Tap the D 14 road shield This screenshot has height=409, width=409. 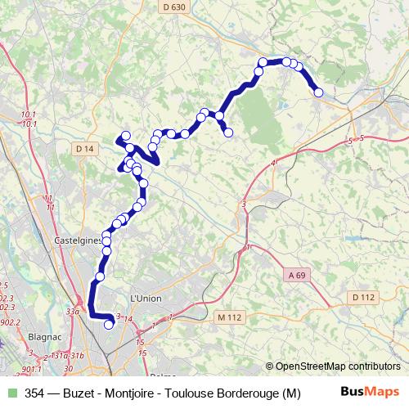(x=84, y=149)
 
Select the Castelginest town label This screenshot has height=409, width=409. (x=78, y=240)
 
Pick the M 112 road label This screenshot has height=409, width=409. (x=231, y=317)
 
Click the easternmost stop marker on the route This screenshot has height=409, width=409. (x=319, y=92)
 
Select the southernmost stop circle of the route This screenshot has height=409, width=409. (x=109, y=325)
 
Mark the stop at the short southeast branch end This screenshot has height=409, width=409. (x=229, y=133)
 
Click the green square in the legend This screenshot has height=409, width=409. (x=11, y=393)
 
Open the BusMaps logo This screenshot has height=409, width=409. (x=371, y=393)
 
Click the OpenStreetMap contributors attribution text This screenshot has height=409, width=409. (x=338, y=366)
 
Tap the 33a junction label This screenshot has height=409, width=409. (x=72, y=311)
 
